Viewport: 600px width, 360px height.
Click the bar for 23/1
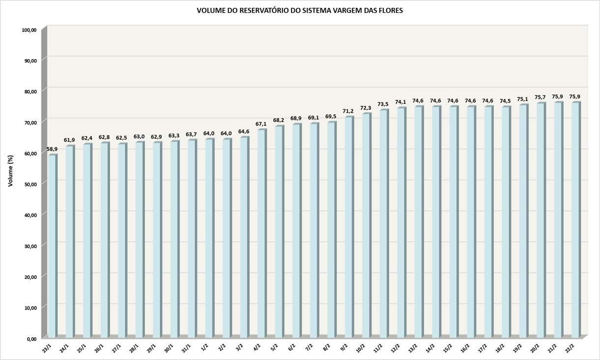[52, 246]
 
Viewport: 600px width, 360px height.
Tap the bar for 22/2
[575, 220]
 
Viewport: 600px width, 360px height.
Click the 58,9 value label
[52, 149]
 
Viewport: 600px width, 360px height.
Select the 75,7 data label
[540, 97]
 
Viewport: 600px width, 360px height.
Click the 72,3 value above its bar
[366, 108]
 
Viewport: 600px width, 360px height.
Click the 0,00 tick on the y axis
[31, 339]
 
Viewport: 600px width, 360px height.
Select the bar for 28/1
[139, 240]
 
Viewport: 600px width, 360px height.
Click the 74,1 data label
[401, 102]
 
